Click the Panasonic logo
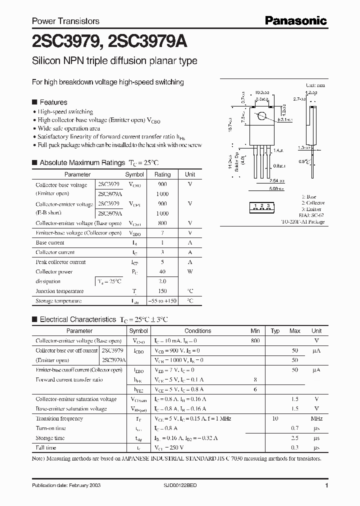tap(295, 20)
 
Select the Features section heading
tap(53, 102)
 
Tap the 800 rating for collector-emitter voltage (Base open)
tap(162, 223)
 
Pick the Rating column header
tap(162, 174)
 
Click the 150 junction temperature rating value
tap(162, 291)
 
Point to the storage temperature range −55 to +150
tap(162, 301)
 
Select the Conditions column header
tap(197, 331)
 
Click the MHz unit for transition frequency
tap(316, 418)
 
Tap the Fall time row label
tap(46, 448)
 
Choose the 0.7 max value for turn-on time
tap(294, 428)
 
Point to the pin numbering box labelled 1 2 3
tap(262, 206)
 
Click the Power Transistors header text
tap(65, 21)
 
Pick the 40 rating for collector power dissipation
tap(162, 271)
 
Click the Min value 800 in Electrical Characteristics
tap(255, 340)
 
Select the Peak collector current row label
tap(60, 262)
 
